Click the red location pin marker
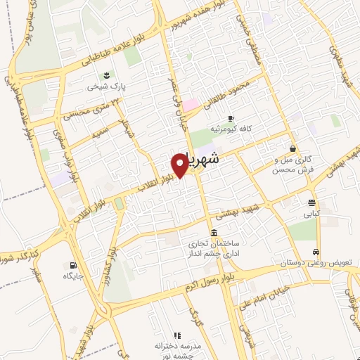(180, 165)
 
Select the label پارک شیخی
(105, 87)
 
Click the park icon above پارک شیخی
(106, 75)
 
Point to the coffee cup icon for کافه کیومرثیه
(231, 118)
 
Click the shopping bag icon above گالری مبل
(292, 148)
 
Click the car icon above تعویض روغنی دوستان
(317, 251)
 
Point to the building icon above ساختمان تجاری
(214, 233)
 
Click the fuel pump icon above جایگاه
(73, 265)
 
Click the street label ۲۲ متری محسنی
(81, 105)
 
